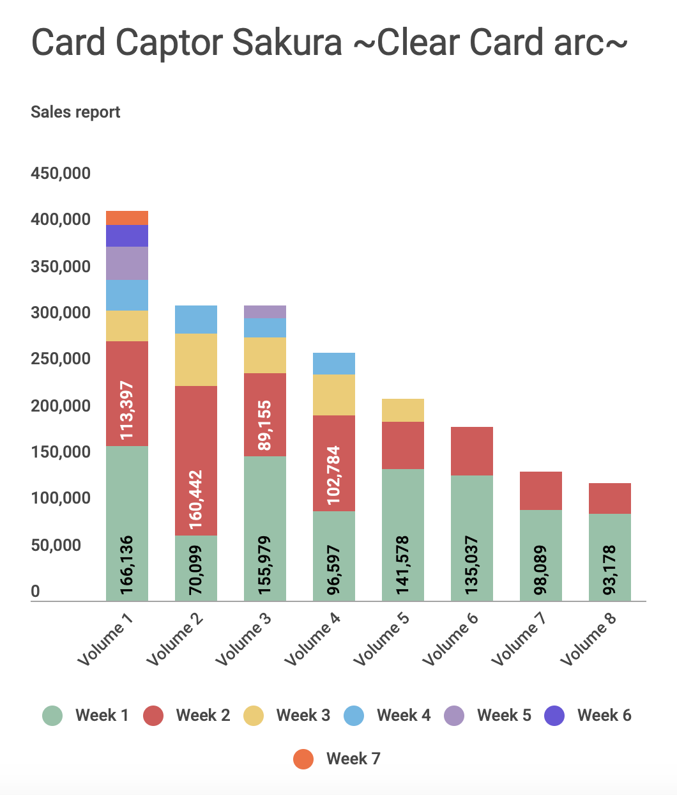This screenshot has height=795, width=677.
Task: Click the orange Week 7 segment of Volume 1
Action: [127, 218]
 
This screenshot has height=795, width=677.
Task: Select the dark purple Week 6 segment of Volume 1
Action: [127, 236]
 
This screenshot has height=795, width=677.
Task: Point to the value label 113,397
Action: [127, 410]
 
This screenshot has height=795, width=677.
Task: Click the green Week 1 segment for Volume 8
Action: [610, 557]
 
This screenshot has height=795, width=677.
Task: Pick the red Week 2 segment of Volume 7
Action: [541, 491]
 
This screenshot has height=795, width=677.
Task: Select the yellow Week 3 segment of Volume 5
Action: [403, 410]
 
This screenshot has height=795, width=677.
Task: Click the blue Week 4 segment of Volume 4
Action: [334, 364]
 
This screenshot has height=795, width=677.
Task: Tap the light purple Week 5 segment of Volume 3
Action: [265, 312]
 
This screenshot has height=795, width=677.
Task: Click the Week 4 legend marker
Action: [354, 716]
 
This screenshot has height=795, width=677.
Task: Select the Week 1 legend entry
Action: [86, 716]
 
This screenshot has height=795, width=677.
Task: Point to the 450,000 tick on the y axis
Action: [61, 173]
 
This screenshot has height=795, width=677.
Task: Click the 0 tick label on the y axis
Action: [36, 591]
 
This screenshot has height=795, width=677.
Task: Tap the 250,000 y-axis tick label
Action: [61, 359]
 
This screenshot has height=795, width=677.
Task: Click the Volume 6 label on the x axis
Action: [450, 639]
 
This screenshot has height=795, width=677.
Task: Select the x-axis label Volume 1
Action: [105, 639]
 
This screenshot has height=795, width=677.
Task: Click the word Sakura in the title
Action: [286, 43]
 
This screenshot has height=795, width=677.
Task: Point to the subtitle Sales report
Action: [75, 112]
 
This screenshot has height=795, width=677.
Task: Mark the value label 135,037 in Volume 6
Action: [471, 566]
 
